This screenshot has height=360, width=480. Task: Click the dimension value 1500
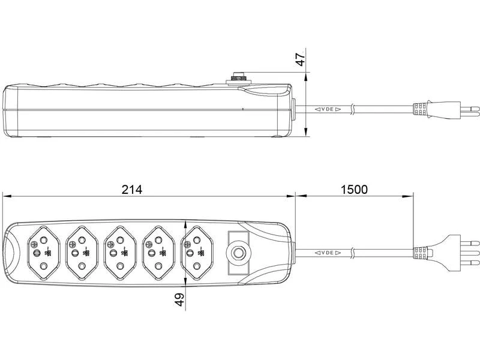click(x=354, y=189)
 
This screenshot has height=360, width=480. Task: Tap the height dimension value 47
click(x=301, y=59)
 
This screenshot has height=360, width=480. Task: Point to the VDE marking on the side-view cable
click(x=328, y=110)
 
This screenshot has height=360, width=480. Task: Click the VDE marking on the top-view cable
click(x=328, y=253)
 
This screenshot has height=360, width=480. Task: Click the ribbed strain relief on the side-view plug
click(x=420, y=110)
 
